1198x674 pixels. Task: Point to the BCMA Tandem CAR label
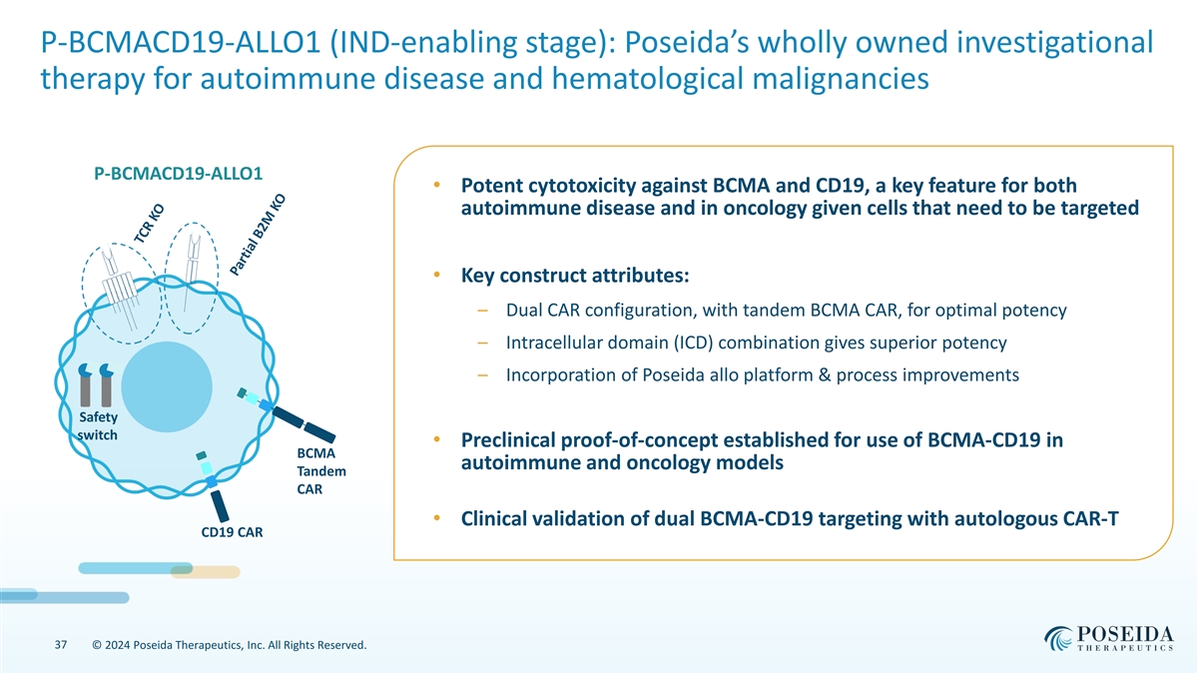point(320,471)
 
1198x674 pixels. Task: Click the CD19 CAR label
point(232,531)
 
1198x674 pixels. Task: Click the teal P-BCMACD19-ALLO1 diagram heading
point(179,173)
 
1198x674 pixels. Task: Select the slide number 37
point(62,646)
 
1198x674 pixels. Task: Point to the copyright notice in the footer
point(229,646)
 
